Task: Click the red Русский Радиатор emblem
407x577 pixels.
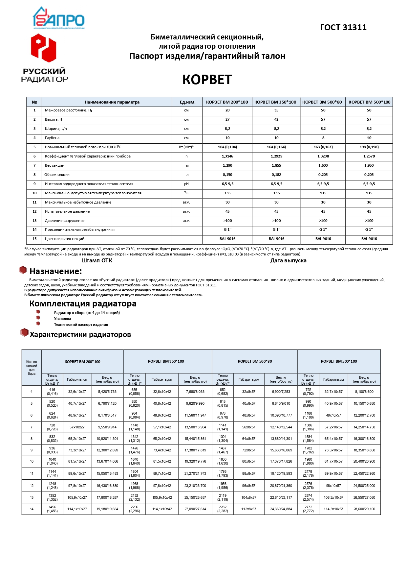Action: coord(44,48)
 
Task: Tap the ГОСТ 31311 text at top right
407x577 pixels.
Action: coord(343,28)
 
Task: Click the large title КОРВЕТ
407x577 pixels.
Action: coord(207,80)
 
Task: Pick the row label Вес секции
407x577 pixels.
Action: coord(54,166)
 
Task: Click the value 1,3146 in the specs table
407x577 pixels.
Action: coord(227,156)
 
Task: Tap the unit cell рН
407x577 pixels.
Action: coord(186,184)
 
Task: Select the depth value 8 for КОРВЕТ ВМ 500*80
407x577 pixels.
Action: coord(323,138)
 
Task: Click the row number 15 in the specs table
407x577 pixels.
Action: coord(34,239)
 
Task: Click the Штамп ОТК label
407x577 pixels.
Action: coord(96,261)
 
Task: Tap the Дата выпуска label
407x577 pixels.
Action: coord(288,261)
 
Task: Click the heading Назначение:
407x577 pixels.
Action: coord(55,272)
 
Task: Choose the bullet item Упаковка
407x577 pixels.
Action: coord(62,319)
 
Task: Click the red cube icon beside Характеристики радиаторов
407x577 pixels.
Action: coord(24,333)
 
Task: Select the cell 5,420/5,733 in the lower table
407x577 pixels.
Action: coord(107,392)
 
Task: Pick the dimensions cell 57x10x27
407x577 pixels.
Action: coord(77,427)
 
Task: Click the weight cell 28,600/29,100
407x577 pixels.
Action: coord(364,509)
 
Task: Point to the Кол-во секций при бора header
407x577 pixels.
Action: coord(32,368)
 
